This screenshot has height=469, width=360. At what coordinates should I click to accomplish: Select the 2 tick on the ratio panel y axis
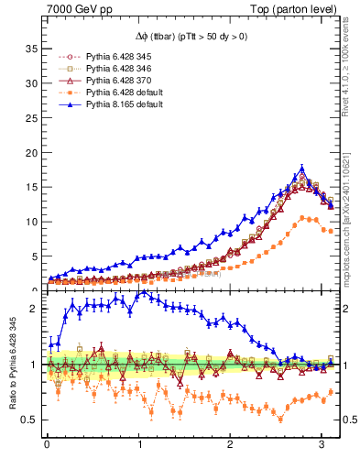coord(36,309)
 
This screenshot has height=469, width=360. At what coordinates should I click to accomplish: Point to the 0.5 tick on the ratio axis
coord(30,420)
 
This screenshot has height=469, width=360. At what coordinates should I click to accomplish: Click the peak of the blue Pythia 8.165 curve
coord(302,169)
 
